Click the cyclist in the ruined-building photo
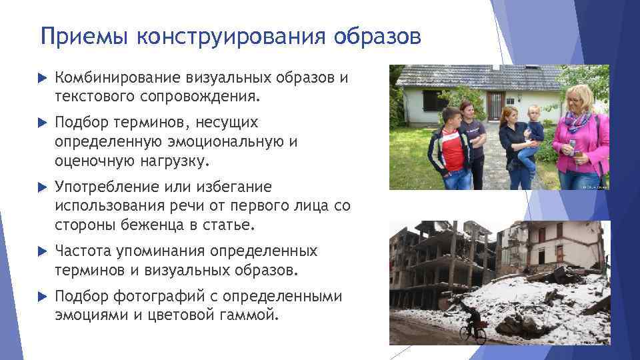473,325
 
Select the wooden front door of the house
494,105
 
